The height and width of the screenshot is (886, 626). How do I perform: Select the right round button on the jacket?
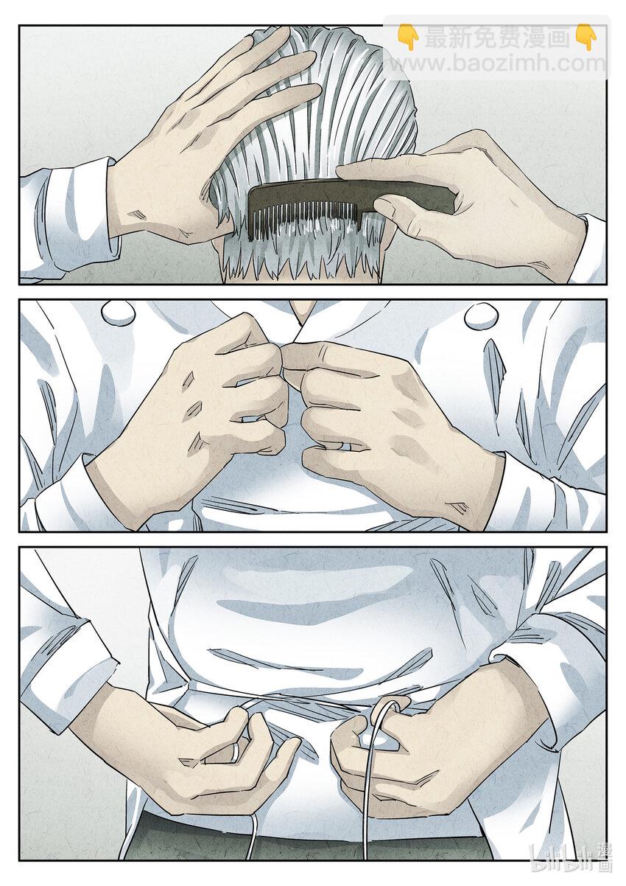pos(479,315)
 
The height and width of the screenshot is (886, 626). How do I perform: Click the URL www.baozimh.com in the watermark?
pos(496,63)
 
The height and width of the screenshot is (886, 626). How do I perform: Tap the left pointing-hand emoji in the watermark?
pos(408,38)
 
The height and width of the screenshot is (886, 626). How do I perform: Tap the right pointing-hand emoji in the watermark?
pos(586,38)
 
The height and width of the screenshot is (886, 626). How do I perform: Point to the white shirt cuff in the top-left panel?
pos(71,221)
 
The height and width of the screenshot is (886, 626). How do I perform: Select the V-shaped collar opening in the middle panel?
pos(303,313)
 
